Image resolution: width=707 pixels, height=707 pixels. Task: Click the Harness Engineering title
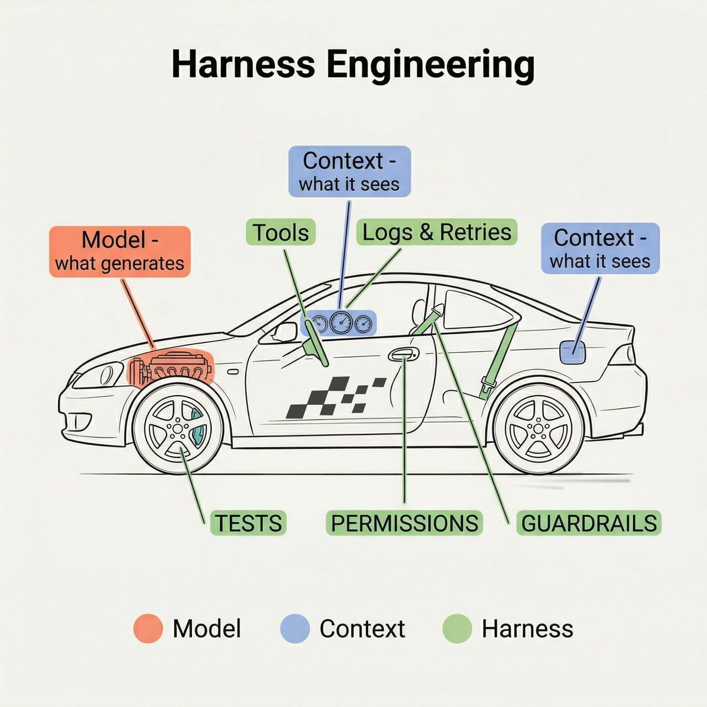point(353,65)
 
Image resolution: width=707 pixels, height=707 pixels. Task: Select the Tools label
point(281,232)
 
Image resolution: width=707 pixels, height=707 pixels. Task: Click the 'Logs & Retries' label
point(437,232)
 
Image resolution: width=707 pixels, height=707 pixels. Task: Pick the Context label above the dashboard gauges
point(349,171)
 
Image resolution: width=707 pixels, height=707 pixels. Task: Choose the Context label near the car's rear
point(600,249)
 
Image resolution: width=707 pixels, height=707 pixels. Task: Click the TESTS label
point(248,523)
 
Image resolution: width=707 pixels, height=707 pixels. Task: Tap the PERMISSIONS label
point(404,523)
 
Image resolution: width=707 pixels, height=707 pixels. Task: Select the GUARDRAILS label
point(589,523)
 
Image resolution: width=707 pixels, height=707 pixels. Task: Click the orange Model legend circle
point(148,628)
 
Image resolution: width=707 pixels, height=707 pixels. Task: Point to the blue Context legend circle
point(295,628)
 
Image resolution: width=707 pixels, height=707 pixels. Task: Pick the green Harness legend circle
point(457,628)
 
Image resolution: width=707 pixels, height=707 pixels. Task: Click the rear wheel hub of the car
point(538,427)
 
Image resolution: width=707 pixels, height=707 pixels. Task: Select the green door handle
point(404,355)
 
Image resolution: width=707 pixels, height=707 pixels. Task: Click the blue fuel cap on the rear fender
point(572,351)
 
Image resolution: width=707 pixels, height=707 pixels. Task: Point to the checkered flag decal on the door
point(335,398)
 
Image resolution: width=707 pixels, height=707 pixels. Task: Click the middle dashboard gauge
point(341,322)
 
